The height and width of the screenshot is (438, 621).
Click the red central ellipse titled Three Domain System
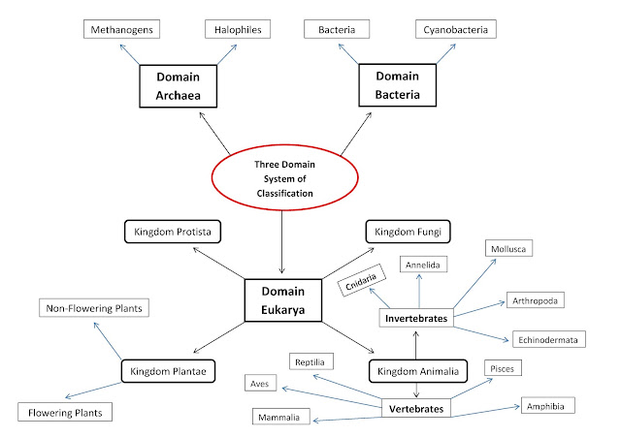click(x=280, y=178)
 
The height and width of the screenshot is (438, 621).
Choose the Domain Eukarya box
click(x=280, y=300)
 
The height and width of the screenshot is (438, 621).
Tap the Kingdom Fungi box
click(x=407, y=232)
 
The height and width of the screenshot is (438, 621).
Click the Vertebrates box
click(x=417, y=409)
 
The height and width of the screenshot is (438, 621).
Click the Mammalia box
click(x=283, y=418)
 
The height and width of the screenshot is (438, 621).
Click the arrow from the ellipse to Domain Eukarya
click(x=280, y=242)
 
